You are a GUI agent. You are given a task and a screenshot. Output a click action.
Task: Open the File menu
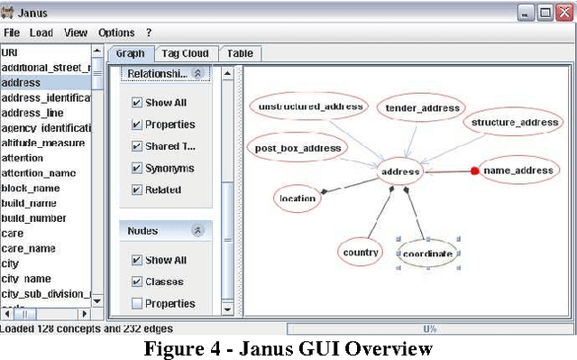(12, 32)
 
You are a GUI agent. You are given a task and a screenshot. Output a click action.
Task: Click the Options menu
(116, 32)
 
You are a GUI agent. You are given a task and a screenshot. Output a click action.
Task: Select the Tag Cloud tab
(184, 53)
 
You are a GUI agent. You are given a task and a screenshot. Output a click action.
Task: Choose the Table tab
(240, 53)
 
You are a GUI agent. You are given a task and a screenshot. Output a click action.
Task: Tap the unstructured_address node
(310, 106)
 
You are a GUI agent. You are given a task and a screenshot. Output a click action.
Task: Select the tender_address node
(423, 108)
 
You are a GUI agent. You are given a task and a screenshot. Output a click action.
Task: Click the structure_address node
(515, 122)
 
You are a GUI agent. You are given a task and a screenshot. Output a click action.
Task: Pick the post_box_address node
(298, 148)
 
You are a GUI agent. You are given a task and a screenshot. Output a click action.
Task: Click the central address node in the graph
(401, 171)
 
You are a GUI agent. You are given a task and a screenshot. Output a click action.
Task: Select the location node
(298, 198)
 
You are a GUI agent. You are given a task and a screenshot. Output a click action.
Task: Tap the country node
(361, 253)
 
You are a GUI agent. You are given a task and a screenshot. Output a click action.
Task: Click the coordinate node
(428, 254)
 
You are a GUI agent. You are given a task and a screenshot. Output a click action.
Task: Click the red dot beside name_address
(474, 171)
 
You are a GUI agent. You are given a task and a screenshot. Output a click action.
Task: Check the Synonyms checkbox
(137, 168)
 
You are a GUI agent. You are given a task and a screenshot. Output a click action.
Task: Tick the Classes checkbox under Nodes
(137, 282)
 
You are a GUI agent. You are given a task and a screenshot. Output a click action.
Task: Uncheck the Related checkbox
(137, 189)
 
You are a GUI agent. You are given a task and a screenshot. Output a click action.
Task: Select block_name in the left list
(32, 188)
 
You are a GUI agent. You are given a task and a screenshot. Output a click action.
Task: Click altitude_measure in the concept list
(43, 143)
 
